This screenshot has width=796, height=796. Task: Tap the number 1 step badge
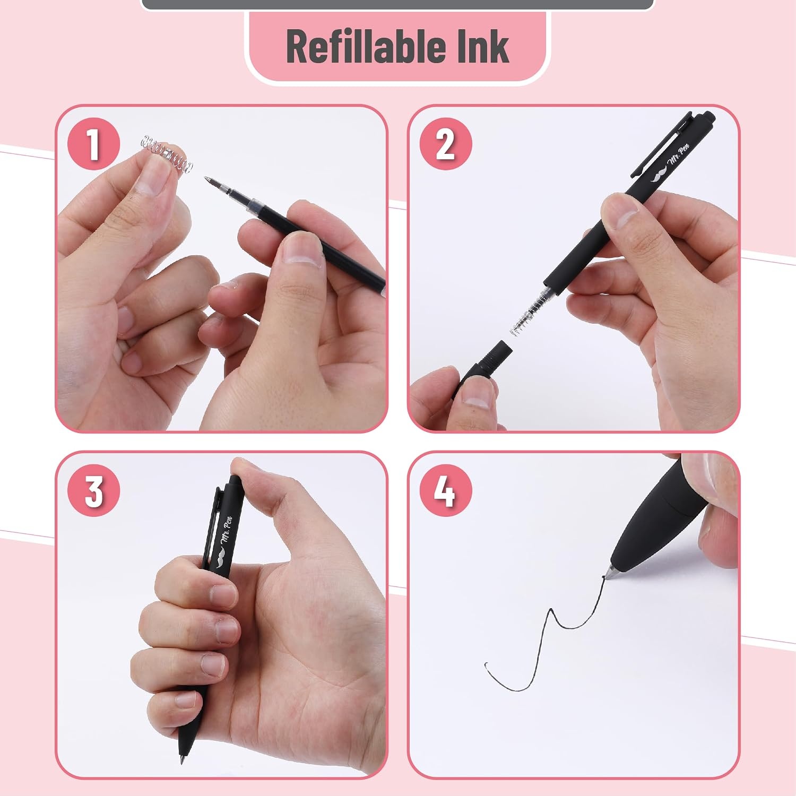click(93, 144)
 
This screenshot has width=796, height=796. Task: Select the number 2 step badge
click(445, 144)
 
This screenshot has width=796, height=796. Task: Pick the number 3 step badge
click(93, 491)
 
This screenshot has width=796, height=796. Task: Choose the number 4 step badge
click(445, 491)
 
